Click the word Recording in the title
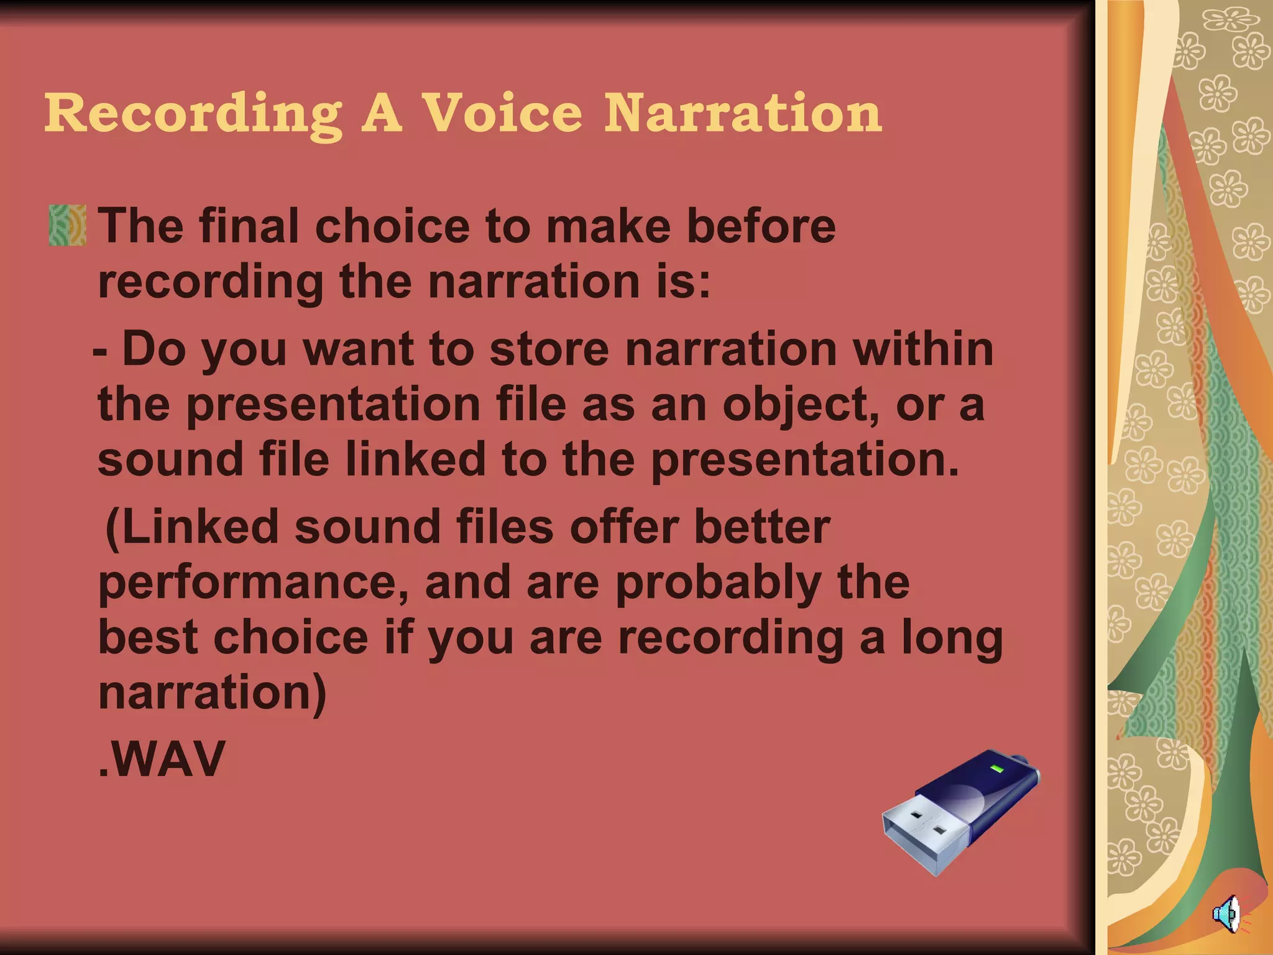click(x=193, y=114)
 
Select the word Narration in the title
click(x=743, y=113)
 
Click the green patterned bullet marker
click(x=67, y=225)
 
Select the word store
click(x=549, y=349)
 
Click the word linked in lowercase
click(x=415, y=459)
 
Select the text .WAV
click(x=162, y=759)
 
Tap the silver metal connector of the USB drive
click(x=925, y=833)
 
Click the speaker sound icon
click(x=1227, y=915)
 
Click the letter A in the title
click(x=382, y=114)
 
